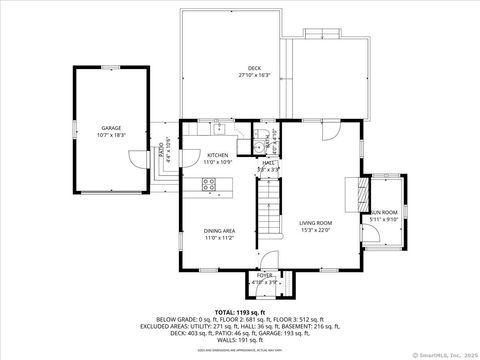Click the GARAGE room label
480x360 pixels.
point(111,128)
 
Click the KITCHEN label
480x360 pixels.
point(217,155)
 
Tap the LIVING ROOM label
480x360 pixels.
point(314,223)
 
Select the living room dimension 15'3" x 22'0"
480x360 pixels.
point(314,230)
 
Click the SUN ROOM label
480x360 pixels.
point(383,213)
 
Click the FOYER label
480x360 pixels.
point(265,275)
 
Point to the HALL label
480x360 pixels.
point(268,163)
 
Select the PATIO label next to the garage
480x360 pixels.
point(162,152)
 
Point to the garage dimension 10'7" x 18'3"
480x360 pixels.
point(111,135)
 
